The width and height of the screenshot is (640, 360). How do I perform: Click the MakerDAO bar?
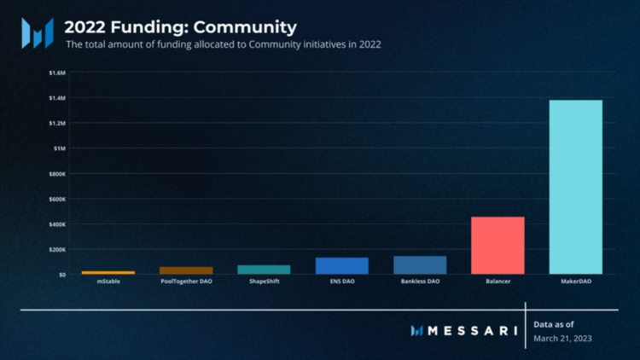click(x=575, y=187)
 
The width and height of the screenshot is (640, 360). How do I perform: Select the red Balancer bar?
click(x=497, y=245)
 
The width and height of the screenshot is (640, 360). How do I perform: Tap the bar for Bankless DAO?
click(x=420, y=265)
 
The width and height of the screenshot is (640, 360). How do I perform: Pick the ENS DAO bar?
click(x=342, y=265)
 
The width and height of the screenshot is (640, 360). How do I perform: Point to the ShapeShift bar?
click(x=264, y=270)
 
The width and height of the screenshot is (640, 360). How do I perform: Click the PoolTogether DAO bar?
click(x=186, y=270)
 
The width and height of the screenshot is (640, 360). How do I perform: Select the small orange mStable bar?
click(x=108, y=273)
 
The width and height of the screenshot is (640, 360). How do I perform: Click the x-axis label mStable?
click(x=108, y=282)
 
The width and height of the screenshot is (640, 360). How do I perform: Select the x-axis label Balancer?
click(x=497, y=282)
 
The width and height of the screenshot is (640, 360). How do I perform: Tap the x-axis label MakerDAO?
click(x=575, y=282)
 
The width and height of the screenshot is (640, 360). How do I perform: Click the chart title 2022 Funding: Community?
click(x=180, y=27)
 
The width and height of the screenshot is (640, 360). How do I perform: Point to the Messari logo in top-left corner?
click(x=37, y=32)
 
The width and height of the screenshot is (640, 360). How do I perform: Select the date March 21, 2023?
click(x=561, y=338)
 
